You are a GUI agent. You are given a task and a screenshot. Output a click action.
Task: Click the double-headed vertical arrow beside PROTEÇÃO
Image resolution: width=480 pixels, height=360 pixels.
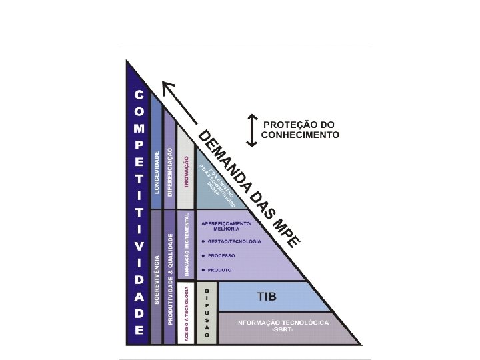[x=252, y=130]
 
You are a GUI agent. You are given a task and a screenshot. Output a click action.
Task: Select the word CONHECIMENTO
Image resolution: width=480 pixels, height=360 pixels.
[x=300, y=135]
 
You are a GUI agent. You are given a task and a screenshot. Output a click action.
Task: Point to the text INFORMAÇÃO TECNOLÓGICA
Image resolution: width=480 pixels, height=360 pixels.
[x=282, y=322]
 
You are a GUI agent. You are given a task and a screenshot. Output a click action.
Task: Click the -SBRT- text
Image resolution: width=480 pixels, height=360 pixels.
[x=282, y=330]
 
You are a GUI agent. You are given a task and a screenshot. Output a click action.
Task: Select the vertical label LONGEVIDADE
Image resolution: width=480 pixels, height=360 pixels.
[x=157, y=173]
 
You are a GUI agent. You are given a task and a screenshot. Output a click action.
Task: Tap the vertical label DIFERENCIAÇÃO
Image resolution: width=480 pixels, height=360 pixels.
[x=171, y=172]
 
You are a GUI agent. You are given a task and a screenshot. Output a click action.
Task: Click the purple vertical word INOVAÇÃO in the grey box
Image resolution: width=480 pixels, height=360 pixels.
[x=187, y=174]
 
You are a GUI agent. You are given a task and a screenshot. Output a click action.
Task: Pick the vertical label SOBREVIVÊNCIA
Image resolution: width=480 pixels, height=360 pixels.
[x=157, y=280]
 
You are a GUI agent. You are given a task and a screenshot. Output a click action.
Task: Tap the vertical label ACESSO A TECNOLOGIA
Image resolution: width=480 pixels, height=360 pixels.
[x=187, y=313]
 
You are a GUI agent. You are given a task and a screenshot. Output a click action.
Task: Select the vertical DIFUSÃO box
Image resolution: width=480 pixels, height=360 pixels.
[x=207, y=313]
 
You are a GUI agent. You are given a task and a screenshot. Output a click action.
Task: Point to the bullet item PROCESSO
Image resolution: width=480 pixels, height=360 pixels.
[x=223, y=255]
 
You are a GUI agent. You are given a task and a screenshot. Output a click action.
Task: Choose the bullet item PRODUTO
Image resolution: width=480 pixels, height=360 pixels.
[x=221, y=269]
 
